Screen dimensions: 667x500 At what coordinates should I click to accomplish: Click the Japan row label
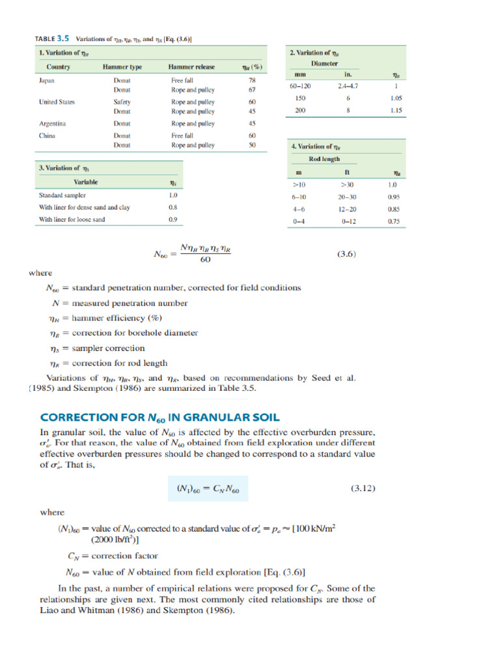(x=46, y=80)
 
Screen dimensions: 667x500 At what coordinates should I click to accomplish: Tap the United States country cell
(x=57, y=102)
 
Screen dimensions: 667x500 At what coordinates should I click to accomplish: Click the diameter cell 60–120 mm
(x=300, y=85)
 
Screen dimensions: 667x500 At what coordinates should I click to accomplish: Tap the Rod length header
(x=324, y=159)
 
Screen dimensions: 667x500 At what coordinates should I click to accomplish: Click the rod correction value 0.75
(x=394, y=221)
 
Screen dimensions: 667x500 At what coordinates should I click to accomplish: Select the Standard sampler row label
(x=62, y=195)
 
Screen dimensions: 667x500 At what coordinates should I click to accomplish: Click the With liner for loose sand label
(x=72, y=220)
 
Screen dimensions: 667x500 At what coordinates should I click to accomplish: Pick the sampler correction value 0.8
(x=173, y=207)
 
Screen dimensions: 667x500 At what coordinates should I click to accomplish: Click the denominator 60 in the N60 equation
(x=204, y=260)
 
